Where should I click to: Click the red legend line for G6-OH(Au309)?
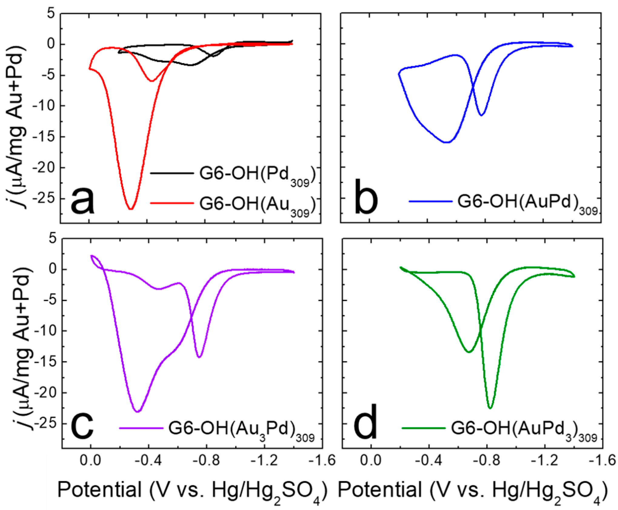pyautogui.click(x=172, y=203)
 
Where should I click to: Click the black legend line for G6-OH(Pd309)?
pyautogui.click(x=172, y=174)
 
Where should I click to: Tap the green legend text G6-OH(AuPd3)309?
pyautogui.click(x=524, y=429)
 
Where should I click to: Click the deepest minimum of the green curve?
pyautogui.click(x=490, y=408)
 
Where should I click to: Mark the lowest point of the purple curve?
pyautogui.click(x=138, y=412)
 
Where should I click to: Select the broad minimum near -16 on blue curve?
pyautogui.click(x=448, y=142)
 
